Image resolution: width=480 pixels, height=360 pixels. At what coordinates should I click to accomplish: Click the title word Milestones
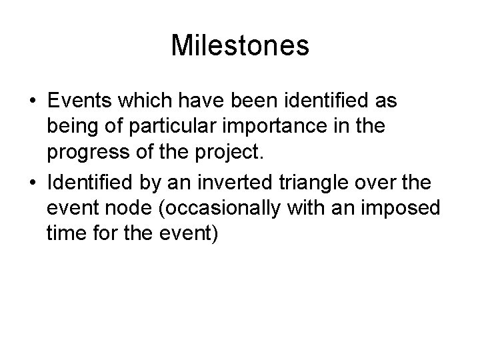[x=240, y=46]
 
